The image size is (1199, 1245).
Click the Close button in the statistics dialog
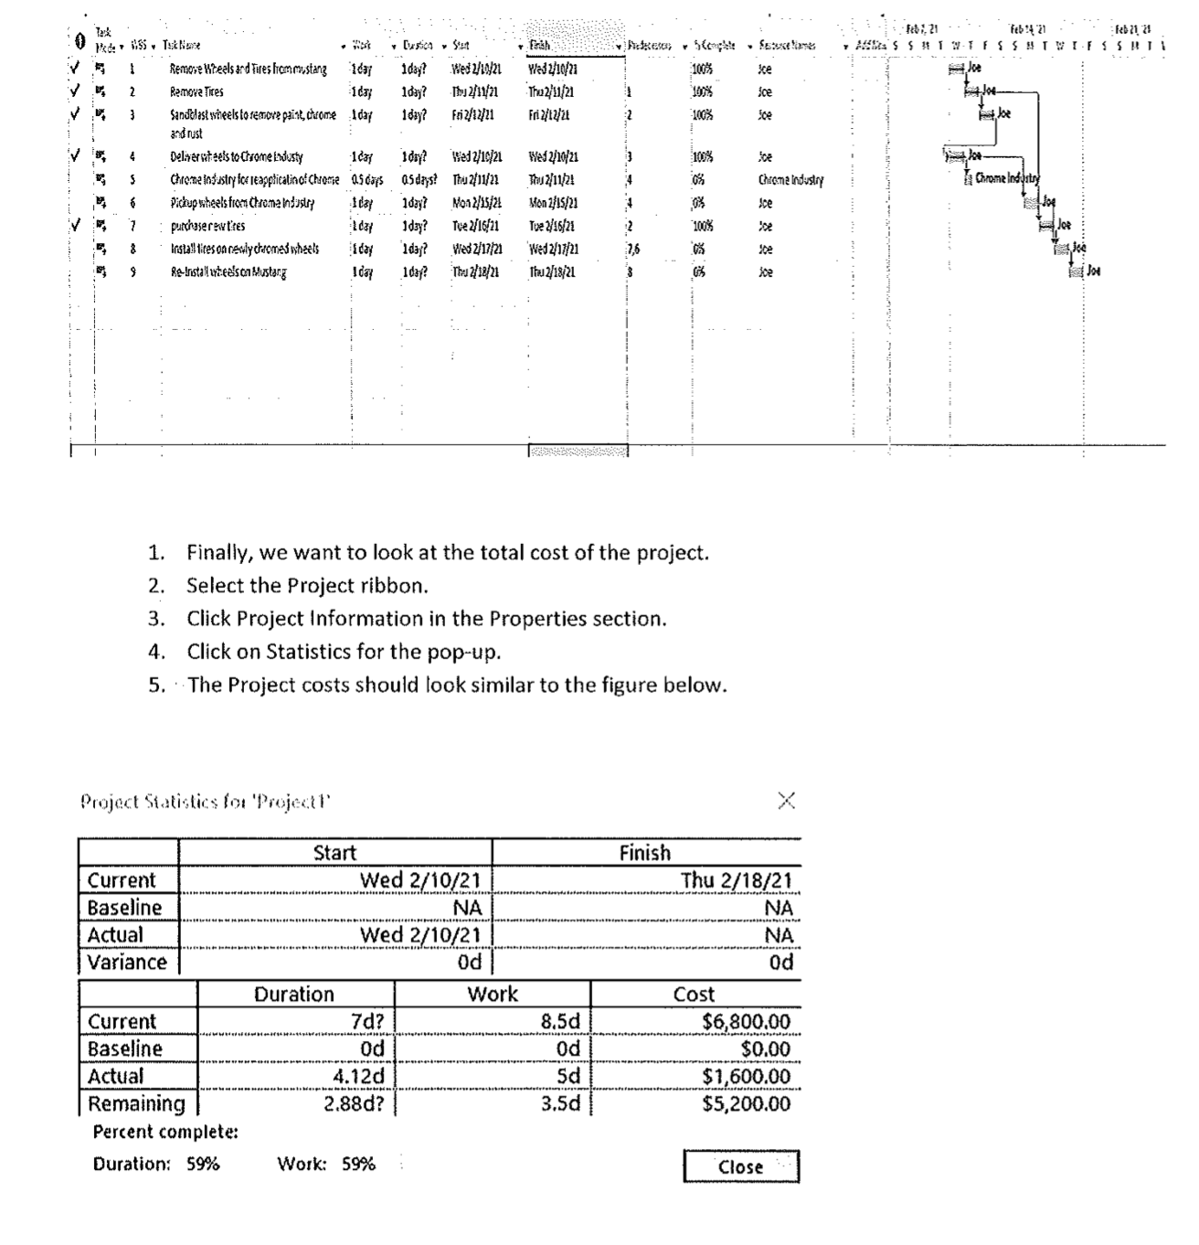(740, 1166)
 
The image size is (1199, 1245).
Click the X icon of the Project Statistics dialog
(786, 802)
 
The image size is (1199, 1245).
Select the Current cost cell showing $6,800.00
(746, 1021)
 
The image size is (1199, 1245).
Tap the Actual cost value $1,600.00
(746, 1076)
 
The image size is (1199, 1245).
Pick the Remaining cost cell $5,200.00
(746, 1103)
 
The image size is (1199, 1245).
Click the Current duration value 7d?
(367, 1021)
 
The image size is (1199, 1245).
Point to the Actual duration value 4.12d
(358, 1076)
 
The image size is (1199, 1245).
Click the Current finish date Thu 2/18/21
(736, 880)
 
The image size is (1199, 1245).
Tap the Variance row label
(127, 962)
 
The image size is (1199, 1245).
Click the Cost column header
(694, 994)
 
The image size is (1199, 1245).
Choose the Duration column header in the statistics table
(293, 994)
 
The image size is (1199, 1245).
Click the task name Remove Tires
(196, 92)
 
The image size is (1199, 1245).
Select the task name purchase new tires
(207, 226)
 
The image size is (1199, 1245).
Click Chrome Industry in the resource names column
(790, 181)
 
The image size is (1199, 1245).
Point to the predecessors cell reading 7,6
(633, 249)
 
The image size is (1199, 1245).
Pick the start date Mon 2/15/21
(475, 203)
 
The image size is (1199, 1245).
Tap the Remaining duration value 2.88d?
(354, 1103)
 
